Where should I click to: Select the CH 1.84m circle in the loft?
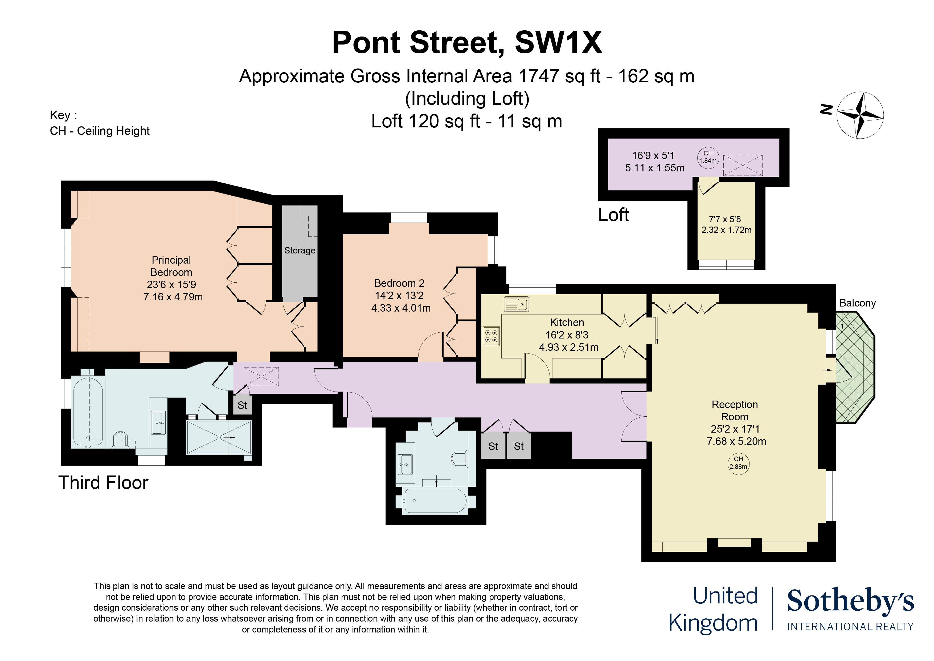[x=708, y=157]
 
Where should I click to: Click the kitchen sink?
[x=516, y=304]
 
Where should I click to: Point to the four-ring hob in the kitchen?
[x=491, y=336]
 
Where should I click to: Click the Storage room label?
[x=300, y=251]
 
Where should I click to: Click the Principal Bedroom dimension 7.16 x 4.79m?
[x=173, y=297]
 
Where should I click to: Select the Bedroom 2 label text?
[x=399, y=283]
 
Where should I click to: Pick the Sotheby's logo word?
[x=850, y=602]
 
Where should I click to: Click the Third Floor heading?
[x=103, y=483]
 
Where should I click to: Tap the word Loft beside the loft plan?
[x=613, y=215]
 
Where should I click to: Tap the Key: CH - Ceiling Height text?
[x=99, y=123]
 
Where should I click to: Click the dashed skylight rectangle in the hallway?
[x=261, y=376]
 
